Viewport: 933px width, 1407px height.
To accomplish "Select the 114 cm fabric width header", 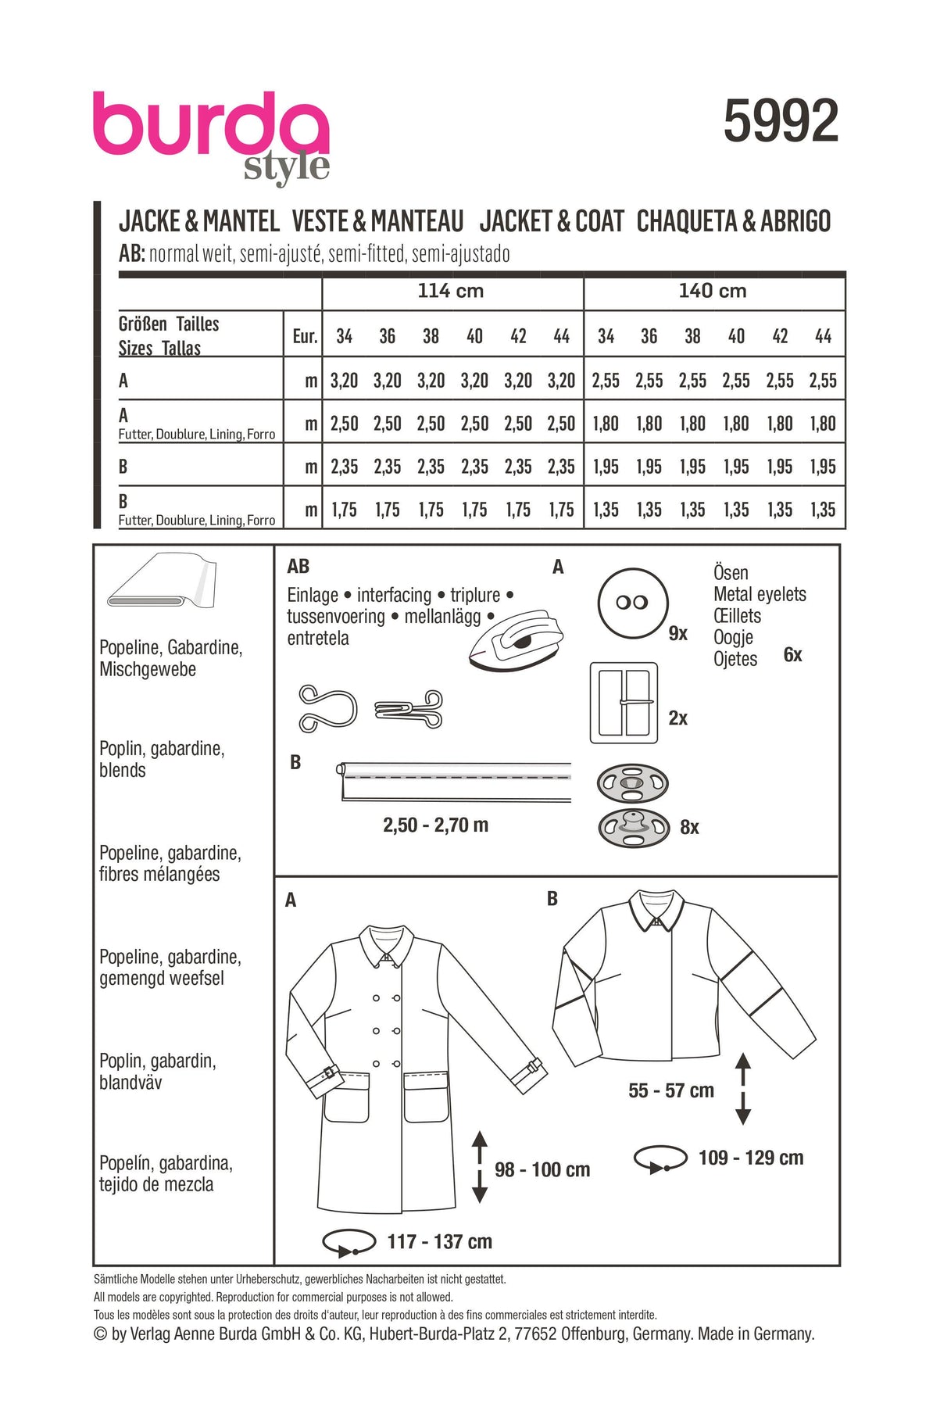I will pyautogui.click(x=451, y=291).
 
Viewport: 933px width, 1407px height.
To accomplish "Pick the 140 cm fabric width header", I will pyautogui.click(x=713, y=291).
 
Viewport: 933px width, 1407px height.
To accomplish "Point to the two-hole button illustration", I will pyautogui.click(x=633, y=603).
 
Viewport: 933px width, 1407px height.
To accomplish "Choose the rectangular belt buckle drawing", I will pyautogui.click(x=623, y=703).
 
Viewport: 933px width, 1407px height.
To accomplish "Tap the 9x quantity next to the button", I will pyautogui.click(x=677, y=634).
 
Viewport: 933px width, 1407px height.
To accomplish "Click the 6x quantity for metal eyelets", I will pyautogui.click(x=792, y=655).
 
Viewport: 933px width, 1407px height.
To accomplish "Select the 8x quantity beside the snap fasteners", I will pyautogui.click(x=689, y=827).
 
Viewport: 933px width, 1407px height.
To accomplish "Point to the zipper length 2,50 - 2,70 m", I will pyautogui.click(x=435, y=825).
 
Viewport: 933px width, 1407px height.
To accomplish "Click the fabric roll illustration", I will pyautogui.click(x=160, y=582).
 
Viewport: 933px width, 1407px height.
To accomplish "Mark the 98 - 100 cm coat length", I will pyautogui.click(x=542, y=1169).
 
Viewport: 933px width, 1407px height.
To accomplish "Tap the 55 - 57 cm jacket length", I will pyautogui.click(x=671, y=1090).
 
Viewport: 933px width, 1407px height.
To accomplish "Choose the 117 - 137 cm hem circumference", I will pyautogui.click(x=439, y=1241).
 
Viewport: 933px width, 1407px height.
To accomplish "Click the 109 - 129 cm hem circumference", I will pyautogui.click(x=750, y=1158).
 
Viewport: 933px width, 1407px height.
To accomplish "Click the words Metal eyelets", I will pyautogui.click(x=760, y=594).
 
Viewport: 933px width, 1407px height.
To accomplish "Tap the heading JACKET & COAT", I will pyautogui.click(x=552, y=221).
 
